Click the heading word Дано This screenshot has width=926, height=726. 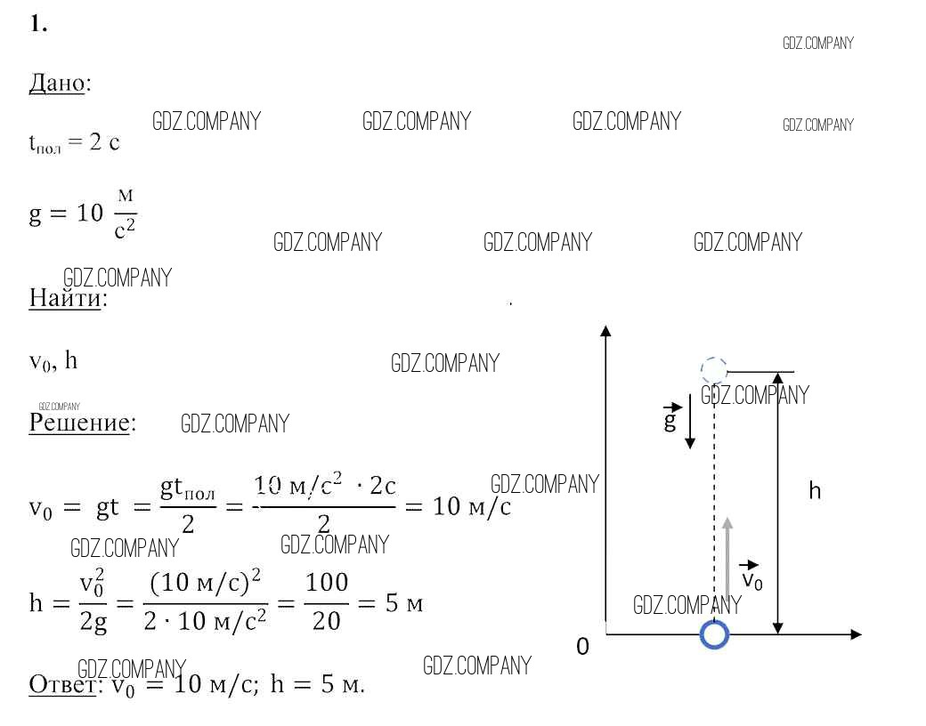point(57,84)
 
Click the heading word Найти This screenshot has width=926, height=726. point(65,297)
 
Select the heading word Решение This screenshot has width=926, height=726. point(79,422)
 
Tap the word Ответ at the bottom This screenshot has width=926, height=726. point(62,684)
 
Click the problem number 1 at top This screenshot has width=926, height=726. point(37,24)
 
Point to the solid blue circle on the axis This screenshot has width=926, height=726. point(714,634)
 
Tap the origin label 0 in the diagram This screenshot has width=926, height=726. point(582,646)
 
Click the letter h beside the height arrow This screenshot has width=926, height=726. point(815,490)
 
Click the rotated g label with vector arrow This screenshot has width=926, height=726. point(670,417)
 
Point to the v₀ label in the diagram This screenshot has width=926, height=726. point(751,576)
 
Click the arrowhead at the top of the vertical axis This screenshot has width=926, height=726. point(605,330)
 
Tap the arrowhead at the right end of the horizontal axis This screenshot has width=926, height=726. point(856,634)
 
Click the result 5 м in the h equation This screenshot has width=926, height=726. point(404,603)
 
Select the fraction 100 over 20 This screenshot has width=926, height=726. point(326,602)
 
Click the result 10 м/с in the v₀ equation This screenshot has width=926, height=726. point(471,506)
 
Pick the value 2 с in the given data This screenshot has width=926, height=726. point(104,141)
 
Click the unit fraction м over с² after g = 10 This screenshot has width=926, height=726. point(126,214)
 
